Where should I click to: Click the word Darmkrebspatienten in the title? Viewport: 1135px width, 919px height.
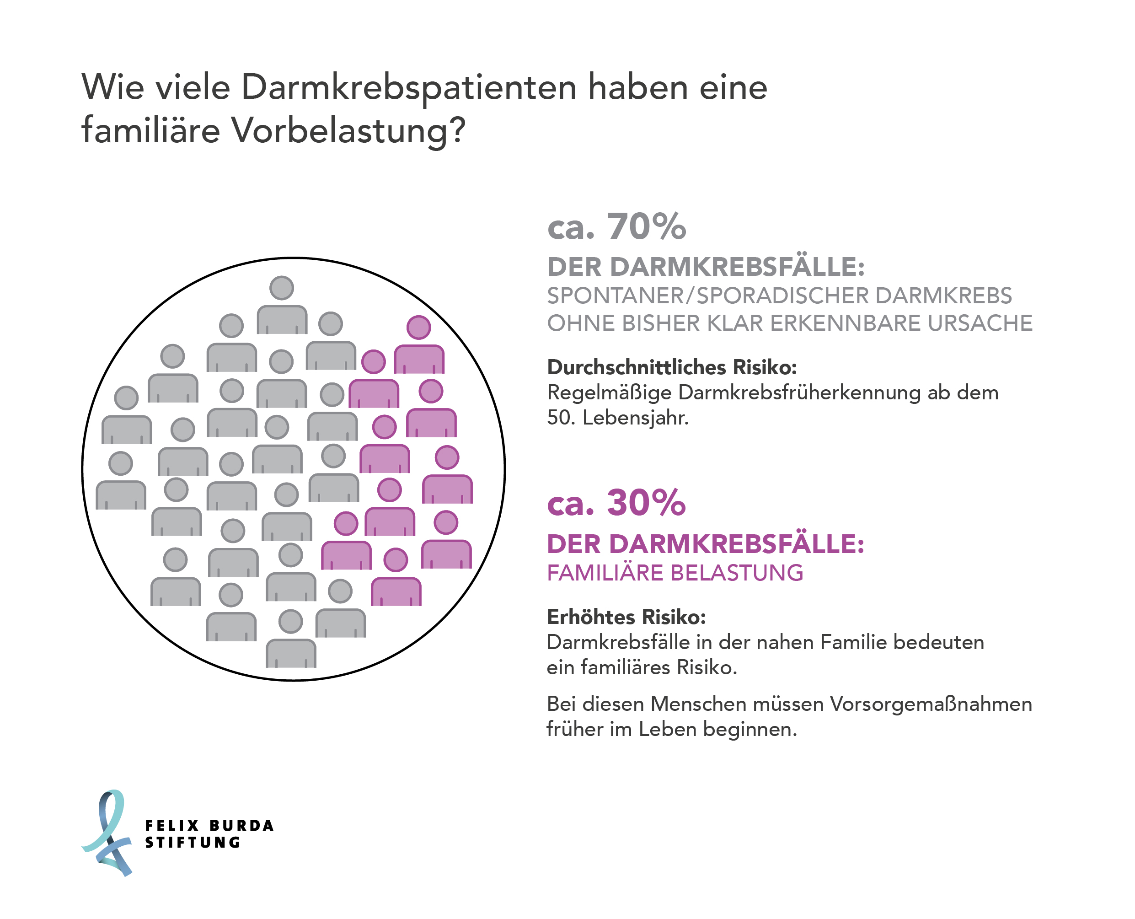point(408,87)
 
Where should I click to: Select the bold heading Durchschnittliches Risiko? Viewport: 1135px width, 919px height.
point(671,367)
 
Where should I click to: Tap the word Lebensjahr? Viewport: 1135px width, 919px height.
point(635,418)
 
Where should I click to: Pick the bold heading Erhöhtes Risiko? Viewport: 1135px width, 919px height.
point(626,617)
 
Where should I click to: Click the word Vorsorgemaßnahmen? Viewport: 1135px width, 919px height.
point(930,704)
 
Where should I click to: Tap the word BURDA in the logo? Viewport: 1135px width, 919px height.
point(241,826)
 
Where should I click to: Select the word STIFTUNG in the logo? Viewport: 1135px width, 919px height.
point(193,843)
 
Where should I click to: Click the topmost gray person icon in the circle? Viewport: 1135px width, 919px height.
point(282,306)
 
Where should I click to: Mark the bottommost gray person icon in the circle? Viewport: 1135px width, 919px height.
point(290,640)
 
